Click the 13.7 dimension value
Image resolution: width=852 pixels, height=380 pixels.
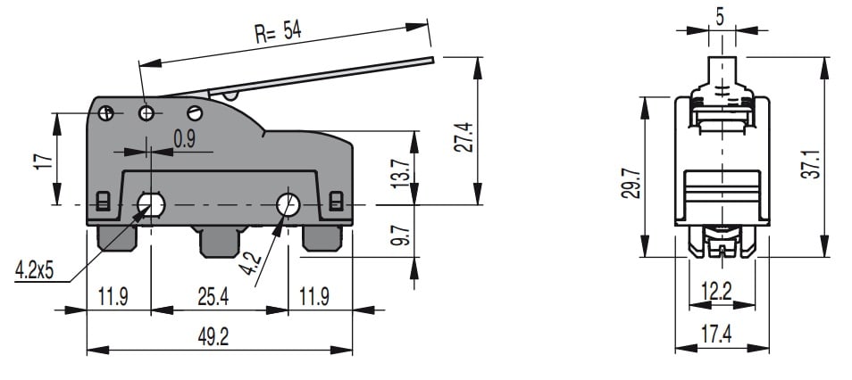(x=401, y=169)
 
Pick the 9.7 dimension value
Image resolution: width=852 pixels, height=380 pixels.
(x=401, y=235)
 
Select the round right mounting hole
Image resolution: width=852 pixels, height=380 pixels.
(x=288, y=204)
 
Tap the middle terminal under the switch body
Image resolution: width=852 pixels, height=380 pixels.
(x=218, y=239)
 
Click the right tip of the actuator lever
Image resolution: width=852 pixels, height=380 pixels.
(x=430, y=61)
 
